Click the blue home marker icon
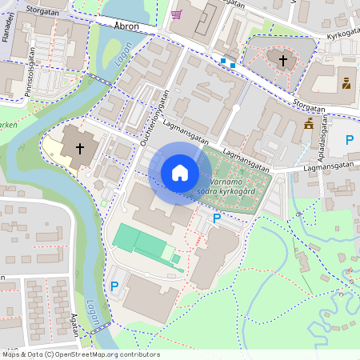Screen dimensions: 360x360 click(x=180, y=173)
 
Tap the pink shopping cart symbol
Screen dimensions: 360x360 click(x=176, y=14)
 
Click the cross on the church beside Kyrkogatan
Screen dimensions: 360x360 click(x=282, y=59)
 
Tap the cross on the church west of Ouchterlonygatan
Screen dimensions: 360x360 click(x=79, y=148)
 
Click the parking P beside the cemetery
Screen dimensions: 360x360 click(x=216, y=218)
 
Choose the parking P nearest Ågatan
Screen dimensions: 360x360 click(x=114, y=286)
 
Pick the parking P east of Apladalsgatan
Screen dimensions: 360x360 click(x=349, y=141)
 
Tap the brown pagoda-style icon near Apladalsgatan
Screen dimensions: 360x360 click(x=309, y=124)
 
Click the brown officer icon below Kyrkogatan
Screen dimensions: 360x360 click(x=346, y=82)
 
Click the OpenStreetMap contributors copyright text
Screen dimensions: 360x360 click(x=81, y=354)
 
